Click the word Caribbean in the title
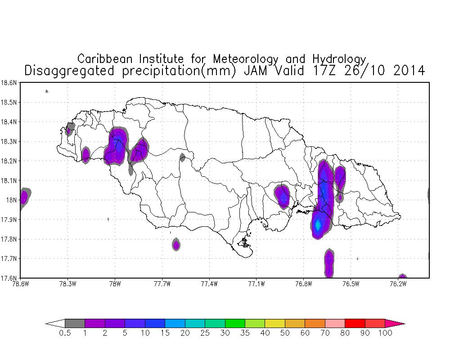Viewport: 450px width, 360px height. click(105, 59)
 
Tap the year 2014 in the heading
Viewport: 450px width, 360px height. click(409, 71)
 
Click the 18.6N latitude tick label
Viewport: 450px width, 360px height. click(9, 83)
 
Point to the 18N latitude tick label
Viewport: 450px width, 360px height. click(12, 200)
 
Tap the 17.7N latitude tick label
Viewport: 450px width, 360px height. click(9, 259)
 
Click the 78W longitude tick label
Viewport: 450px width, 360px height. click(115, 284)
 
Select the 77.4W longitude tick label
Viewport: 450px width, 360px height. click(210, 284)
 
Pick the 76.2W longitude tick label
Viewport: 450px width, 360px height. click(398, 284)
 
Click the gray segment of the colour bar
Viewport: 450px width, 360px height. click(75, 323)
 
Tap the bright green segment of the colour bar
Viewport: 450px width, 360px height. click(235, 323)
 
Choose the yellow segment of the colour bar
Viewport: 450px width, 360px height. click(275, 323)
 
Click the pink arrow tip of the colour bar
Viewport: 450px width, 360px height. click(395, 324)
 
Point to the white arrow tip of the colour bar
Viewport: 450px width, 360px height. click(55, 324)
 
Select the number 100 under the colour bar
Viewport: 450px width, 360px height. click(385, 333)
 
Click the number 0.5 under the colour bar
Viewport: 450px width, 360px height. click(65, 333)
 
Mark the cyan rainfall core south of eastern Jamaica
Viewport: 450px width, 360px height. click(318, 225)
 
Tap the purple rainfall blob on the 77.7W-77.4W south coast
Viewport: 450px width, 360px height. click(176, 245)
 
